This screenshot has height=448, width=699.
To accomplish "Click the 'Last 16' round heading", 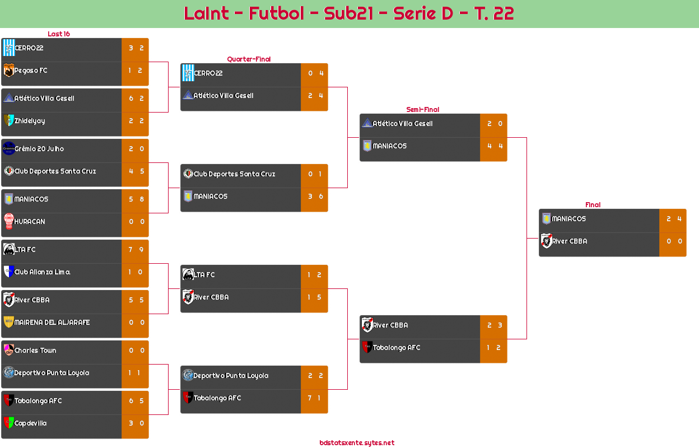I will coord(58,34).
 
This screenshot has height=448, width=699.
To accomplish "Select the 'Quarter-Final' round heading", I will coord(248,59).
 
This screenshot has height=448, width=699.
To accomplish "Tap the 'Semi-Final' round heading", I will coord(422,110).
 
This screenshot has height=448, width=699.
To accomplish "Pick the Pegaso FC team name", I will coord(31,71).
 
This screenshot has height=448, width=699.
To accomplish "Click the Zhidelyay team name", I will coord(30,121).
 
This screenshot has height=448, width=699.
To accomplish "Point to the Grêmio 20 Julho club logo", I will coord(8,148).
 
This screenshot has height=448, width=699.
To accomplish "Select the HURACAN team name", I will coord(30,222).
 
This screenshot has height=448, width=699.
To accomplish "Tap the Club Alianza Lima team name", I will coord(42,272).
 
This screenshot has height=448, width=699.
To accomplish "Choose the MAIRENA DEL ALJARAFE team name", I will coord(52,323).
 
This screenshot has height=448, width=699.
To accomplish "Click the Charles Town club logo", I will coord(8,350).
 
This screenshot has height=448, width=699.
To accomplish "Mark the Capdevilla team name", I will coord(30,423).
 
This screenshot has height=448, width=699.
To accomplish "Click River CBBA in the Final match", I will coord(570,241).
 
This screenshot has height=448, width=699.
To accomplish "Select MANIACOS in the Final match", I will coord(568,219).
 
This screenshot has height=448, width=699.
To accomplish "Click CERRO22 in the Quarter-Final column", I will coord(208,73).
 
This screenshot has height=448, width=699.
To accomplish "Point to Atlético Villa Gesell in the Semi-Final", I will coord(402,124).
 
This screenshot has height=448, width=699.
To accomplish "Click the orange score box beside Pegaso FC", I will coord(135,71).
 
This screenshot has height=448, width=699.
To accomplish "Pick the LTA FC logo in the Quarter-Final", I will coord(188,274).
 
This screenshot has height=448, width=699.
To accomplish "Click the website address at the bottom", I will coord(357,443).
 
